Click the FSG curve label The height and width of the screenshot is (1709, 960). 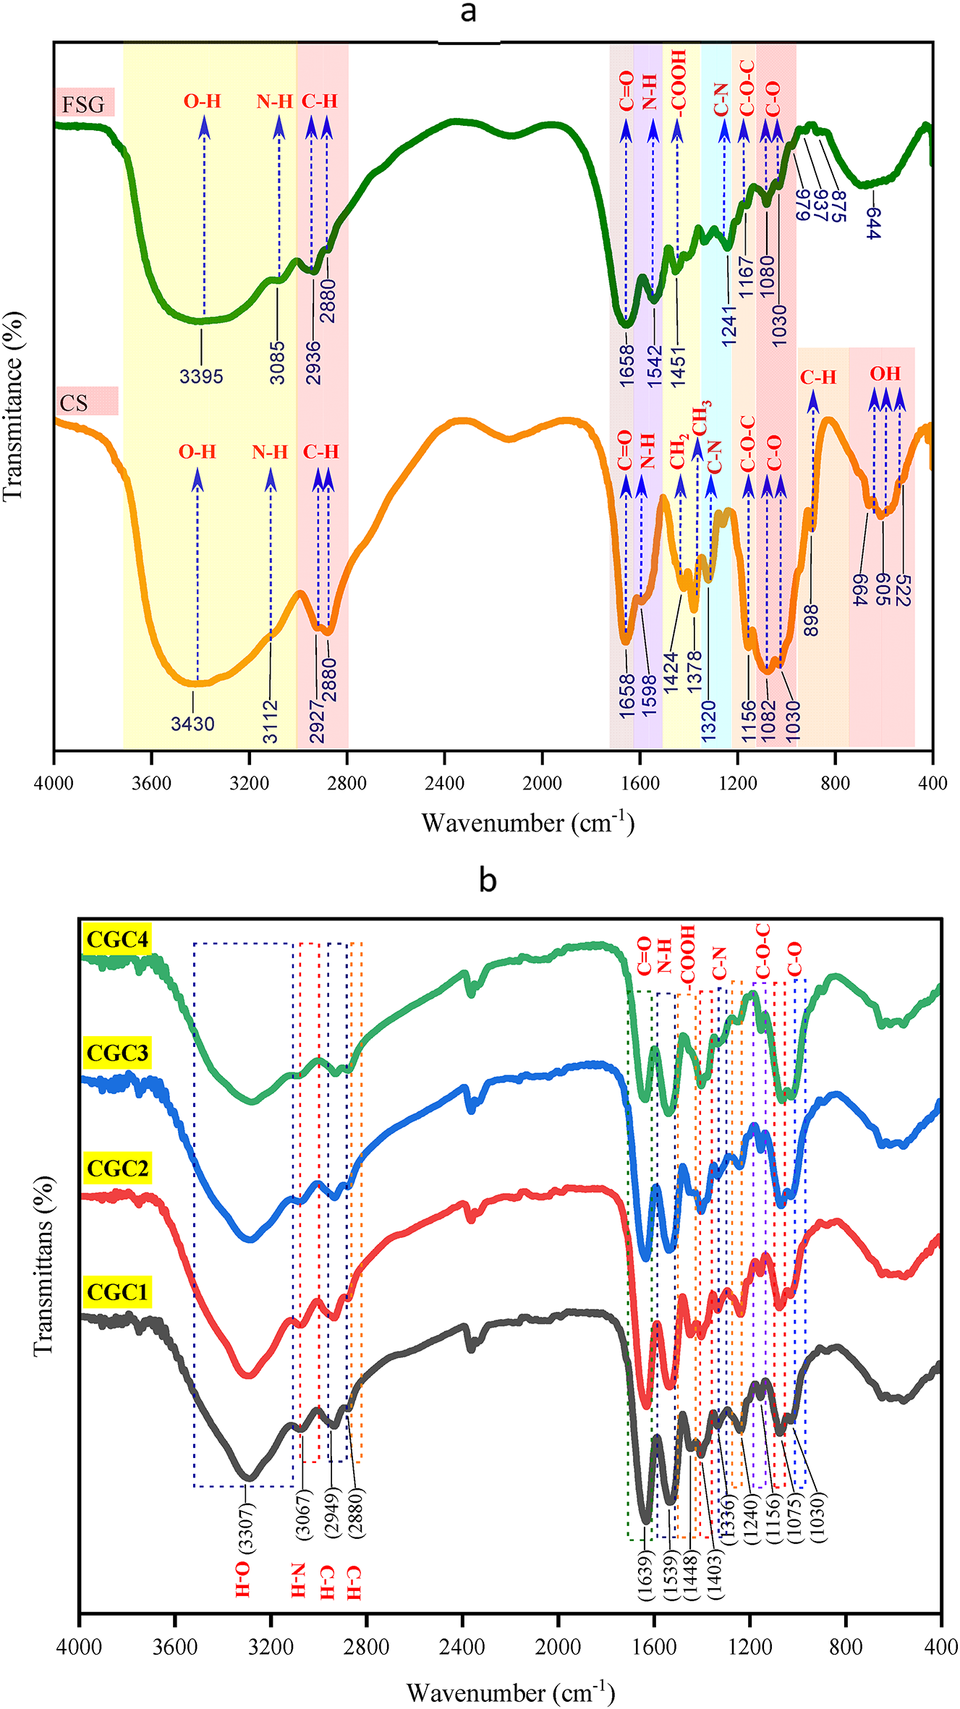(x=83, y=104)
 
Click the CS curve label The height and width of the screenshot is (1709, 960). (x=74, y=402)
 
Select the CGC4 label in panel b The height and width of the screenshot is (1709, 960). (x=117, y=939)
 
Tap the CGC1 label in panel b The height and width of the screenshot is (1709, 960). (x=117, y=1292)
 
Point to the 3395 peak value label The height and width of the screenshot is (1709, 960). (x=201, y=376)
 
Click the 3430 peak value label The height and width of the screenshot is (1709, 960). (x=192, y=724)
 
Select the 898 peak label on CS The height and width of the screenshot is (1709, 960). (x=811, y=620)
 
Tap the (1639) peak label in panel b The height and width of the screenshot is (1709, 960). (x=645, y=1577)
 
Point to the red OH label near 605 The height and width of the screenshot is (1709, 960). (x=885, y=374)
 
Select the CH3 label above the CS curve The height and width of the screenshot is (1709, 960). (x=700, y=417)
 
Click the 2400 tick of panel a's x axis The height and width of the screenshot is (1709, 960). (x=444, y=783)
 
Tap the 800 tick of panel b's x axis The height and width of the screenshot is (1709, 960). (x=846, y=1647)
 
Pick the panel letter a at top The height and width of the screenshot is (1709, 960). (x=468, y=12)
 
